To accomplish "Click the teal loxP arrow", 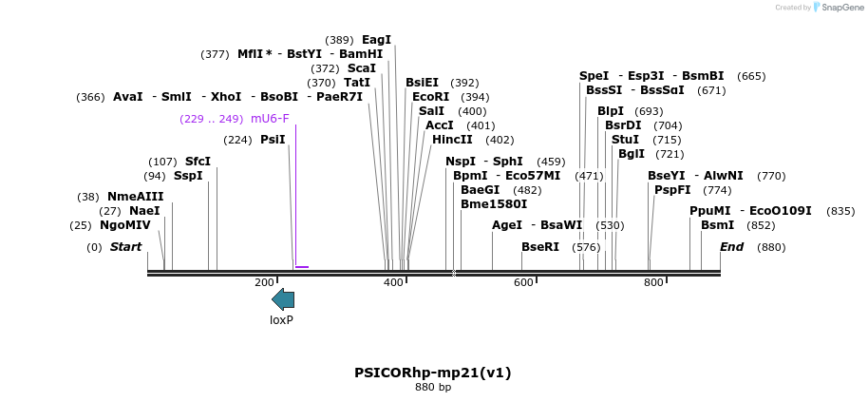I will pos(283,299).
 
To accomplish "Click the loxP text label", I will pos(281,320).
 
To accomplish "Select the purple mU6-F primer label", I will pos(270,119).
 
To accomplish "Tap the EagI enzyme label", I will pos(376,40).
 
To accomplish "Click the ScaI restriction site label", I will pos(361,68).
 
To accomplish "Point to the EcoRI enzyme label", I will pos(430,97).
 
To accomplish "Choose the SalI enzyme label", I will pos(431,111).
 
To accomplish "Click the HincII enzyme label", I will pos(452,140).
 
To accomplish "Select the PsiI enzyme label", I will pos(273,140).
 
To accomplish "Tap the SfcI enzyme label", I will pos(198,162).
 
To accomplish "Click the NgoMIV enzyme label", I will pos(125,225).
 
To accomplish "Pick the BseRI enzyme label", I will pos(540,247).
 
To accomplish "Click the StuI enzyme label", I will pos(625,140).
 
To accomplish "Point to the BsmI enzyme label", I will pos(717,225).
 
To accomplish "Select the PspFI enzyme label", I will pos(672,190).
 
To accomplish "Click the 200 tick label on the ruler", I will pos(264,283).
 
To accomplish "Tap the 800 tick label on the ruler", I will pos(653,283).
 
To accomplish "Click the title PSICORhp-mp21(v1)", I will pos(433,373).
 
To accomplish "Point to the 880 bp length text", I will pos(433,388).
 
